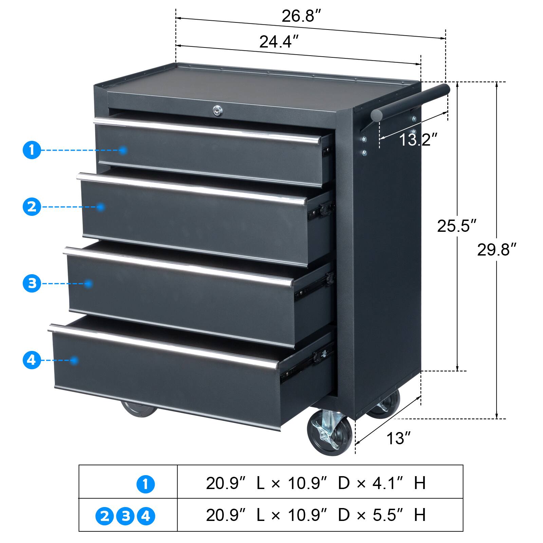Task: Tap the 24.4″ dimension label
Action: tap(279, 42)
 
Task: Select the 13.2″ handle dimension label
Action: tap(418, 139)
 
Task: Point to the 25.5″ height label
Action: tap(456, 226)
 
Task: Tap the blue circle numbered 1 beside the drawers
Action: tap(32, 150)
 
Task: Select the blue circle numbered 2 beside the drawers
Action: tap(32, 207)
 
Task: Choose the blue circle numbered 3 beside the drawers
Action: tap(32, 283)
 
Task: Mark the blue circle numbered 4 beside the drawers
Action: tap(32, 360)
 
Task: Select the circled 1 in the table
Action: tap(146, 484)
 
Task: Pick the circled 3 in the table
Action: tap(126, 516)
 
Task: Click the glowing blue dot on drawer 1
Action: tap(123, 150)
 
